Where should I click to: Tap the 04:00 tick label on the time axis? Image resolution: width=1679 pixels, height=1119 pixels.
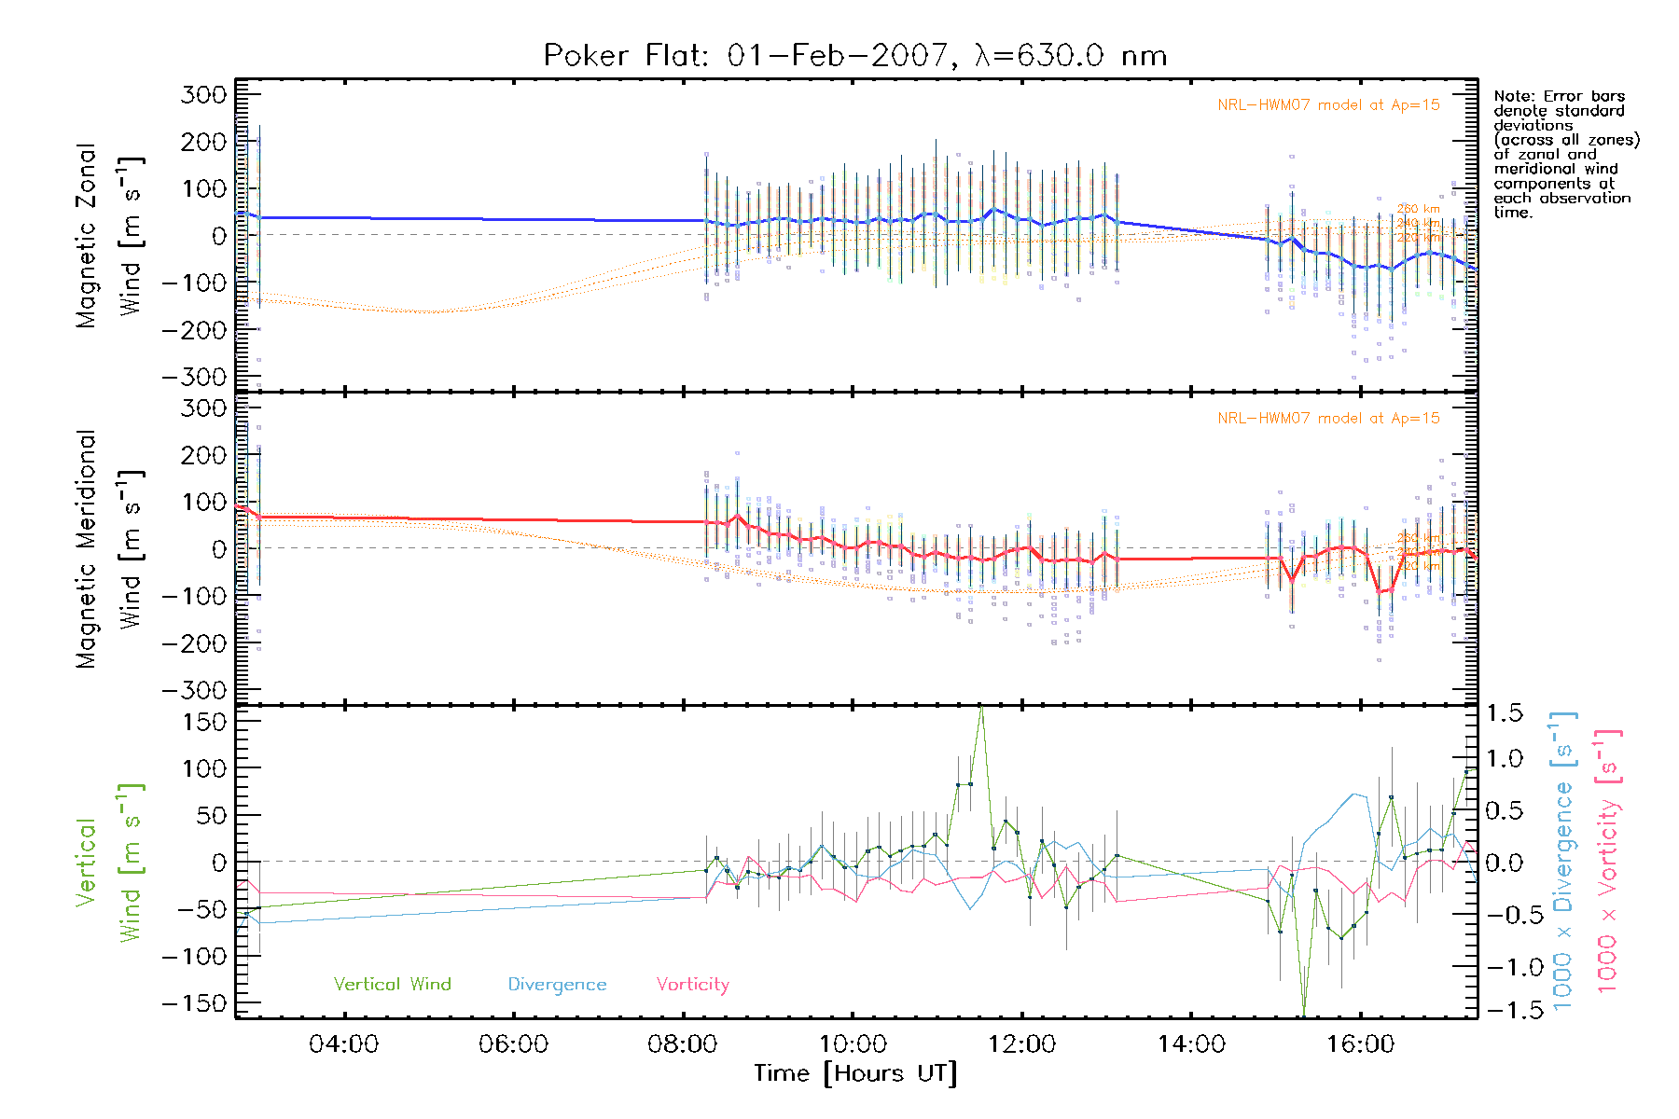point(343,1044)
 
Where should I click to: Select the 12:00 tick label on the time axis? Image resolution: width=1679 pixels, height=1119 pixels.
point(1021,1044)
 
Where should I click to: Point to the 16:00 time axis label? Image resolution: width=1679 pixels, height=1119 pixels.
point(1360,1044)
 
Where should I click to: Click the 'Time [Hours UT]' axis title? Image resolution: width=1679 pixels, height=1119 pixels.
point(855,1074)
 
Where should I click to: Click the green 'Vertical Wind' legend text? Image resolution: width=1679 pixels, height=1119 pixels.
point(392,985)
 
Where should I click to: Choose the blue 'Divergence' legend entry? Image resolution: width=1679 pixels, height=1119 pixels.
point(557,985)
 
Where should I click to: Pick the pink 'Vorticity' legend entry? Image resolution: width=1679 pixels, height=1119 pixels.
point(692,985)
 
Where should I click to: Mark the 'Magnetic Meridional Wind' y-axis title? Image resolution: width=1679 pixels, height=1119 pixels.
point(108,549)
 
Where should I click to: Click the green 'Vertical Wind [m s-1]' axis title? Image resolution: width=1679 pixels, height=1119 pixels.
point(108,863)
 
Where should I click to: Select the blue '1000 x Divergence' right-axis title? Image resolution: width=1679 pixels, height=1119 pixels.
point(1563,863)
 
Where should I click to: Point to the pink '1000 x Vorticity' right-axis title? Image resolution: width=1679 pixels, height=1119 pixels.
point(1608,863)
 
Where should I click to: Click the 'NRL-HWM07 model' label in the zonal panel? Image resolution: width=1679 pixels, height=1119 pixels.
point(1328,105)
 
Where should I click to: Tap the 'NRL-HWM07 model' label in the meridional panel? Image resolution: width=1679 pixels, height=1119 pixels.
point(1328,419)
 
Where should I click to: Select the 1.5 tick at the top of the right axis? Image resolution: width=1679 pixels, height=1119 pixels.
point(1504,713)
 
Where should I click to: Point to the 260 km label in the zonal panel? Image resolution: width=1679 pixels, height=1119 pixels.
point(1418,209)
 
